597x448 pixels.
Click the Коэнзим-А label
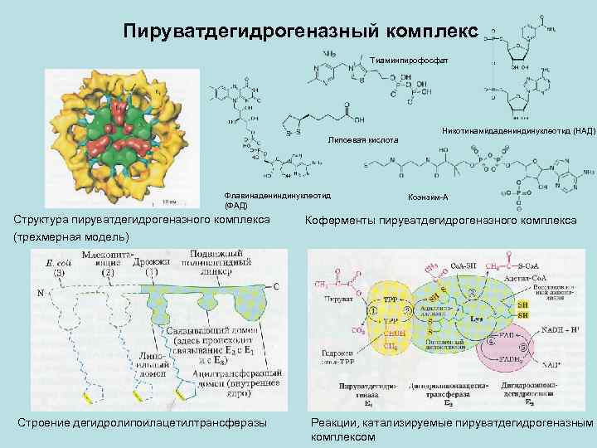[429, 197]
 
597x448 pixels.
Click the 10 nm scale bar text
[168, 202]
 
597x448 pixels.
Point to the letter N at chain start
[40, 294]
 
